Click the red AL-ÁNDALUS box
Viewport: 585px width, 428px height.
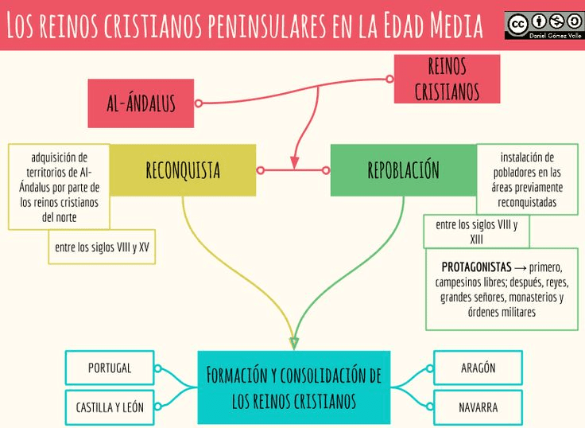pyautogui.click(x=141, y=103)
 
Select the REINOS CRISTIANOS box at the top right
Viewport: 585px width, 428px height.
pyautogui.click(x=447, y=79)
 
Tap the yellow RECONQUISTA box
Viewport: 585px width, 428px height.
pyautogui.click(x=183, y=170)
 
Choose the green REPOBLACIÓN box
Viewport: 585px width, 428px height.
pyautogui.click(x=403, y=170)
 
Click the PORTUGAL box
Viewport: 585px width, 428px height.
pyautogui.click(x=110, y=368)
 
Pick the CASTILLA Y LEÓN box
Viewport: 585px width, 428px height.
pyautogui.click(x=110, y=407)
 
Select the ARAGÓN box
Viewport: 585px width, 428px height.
pyautogui.click(x=478, y=368)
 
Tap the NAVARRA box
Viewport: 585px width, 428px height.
pyautogui.click(x=478, y=407)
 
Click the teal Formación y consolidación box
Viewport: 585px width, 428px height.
pyautogui.click(x=293, y=387)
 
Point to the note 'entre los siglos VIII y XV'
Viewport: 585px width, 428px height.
pyautogui.click(x=102, y=247)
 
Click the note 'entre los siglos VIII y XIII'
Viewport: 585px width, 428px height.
pyautogui.click(x=476, y=232)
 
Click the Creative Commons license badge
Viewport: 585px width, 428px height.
pyautogui.click(x=544, y=25)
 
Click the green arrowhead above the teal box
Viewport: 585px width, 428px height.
pyautogui.click(x=294, y=344)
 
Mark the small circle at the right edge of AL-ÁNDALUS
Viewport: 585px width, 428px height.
pyautogui.click(x=199, y=103)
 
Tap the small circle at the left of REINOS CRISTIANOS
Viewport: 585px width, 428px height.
pyautogui.click(x=389, y=79)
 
